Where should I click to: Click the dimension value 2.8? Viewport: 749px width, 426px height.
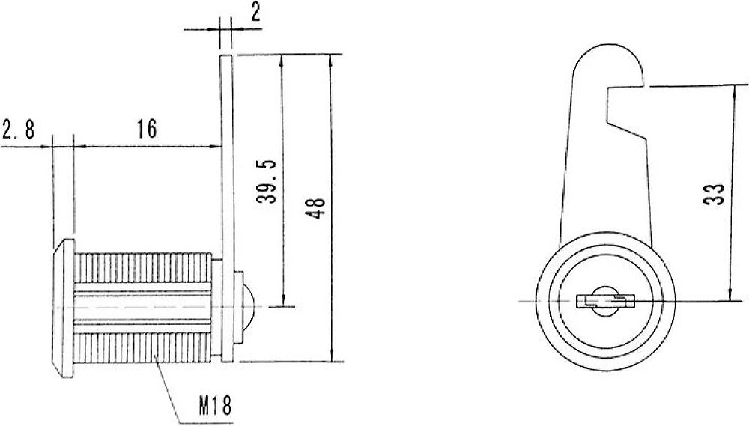[x=18, y=130]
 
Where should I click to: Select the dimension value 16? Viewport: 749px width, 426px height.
[x=147, y=129]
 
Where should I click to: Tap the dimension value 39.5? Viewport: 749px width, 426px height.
[x=267, y=181]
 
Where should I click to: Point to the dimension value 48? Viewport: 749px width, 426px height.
[x=316, y=207]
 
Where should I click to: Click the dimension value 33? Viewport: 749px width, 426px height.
[x=714, y=194]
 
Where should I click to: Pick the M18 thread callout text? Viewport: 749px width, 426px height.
[x=216, y=406]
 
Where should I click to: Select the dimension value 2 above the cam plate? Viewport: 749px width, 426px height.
[x=256, y=13]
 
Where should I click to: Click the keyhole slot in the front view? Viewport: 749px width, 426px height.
[x=605, y=302]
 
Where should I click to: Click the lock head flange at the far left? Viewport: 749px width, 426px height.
[x=64, y=308]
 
